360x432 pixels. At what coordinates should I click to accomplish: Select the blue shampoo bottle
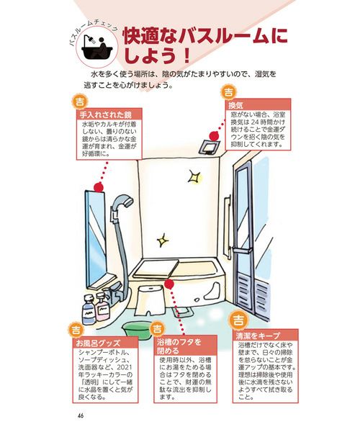89,309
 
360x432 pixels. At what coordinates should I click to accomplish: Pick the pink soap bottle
102,307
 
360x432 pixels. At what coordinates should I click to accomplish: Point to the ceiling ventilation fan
210,147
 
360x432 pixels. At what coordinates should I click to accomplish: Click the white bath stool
150,300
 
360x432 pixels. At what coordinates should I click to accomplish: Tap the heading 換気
235,105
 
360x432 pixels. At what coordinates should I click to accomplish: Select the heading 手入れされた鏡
106,114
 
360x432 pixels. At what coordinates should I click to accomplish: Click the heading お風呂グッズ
99,343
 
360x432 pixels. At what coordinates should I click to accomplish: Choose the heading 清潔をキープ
258,336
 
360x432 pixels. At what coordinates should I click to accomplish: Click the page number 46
81,415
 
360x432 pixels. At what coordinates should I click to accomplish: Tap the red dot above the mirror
99,188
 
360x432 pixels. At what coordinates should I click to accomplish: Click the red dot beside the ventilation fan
214,136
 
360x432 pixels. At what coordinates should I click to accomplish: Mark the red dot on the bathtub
169,284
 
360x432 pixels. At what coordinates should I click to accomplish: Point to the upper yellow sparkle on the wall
194,176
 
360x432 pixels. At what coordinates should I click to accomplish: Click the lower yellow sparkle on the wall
163,240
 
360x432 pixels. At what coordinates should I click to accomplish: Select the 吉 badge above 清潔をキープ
238,320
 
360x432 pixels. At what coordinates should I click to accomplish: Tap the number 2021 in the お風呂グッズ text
125,367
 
